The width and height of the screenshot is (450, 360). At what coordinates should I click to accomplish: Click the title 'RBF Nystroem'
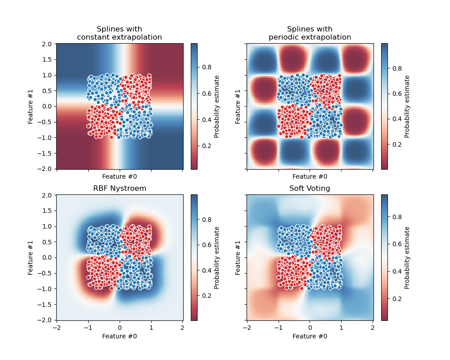coord(120,189)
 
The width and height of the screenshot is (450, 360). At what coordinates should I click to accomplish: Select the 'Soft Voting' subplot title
coord(310,189)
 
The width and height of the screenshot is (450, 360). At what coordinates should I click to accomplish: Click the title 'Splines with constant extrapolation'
coord(120,33)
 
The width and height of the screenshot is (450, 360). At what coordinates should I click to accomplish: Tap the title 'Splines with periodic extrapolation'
coord(310,33)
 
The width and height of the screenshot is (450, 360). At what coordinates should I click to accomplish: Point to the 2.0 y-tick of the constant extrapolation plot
coord(47,44)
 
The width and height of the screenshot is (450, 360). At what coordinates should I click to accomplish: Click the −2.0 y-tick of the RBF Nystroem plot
coord(46,320)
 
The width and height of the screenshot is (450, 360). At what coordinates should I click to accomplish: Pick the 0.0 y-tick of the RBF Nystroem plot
coord(47,258)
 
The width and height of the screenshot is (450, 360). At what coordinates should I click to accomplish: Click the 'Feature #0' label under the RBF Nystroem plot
coord(120,336)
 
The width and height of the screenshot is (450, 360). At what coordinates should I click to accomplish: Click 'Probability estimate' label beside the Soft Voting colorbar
coord(407,257)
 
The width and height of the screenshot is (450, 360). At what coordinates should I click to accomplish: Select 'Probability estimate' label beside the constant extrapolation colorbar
coord(217,106)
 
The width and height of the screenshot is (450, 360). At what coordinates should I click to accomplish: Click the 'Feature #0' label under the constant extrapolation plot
coord(120,177)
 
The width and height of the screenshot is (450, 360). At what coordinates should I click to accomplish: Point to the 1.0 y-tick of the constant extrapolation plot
coord(47,75)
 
